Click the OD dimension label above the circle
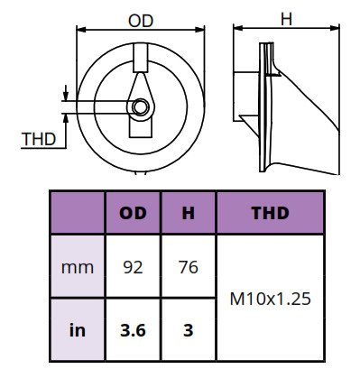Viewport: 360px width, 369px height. pyautogui.click(x=141, y=21)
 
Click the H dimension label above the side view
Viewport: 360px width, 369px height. pyautogui.click(x=286, y=20)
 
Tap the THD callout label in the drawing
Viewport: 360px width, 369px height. pyautogui.click(x=39, y=139)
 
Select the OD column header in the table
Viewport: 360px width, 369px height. pyautogui.click(x=133, y=213)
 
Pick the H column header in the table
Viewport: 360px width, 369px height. pyautogui.click(x=189, y=213)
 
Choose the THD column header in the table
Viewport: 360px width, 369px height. pyautogui.click(x=270, y=213)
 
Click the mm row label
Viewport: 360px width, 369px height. pyautogui.click(x=78, y=267)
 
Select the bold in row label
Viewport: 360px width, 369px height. pyautogui.click(x=78, y=330)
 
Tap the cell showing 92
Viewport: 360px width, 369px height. pyautogui.click(x=133, y=267)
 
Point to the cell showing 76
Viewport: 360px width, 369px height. pyautogui.click(x=189, y=267)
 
